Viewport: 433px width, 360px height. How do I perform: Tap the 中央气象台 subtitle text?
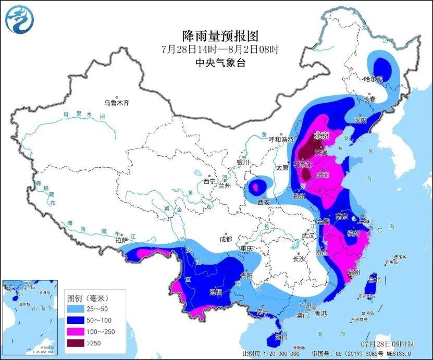(220, 63)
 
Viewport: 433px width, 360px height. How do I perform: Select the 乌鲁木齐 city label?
(116, 103)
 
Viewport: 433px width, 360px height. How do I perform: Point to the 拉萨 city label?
(121, 240)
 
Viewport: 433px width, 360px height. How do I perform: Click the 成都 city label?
(225, 240)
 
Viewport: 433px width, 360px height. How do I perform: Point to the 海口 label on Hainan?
(281, 337)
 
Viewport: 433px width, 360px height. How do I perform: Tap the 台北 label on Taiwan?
(374, 280)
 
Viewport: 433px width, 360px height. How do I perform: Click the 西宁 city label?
(209, 181)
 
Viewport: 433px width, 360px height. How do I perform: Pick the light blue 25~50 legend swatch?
(77, 310)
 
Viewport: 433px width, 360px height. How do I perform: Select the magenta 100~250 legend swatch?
(77, 331)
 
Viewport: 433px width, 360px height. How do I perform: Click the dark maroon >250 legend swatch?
(77, 342)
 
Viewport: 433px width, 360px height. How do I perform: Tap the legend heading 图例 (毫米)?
(88, 299)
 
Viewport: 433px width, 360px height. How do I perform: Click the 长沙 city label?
(299, 258)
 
